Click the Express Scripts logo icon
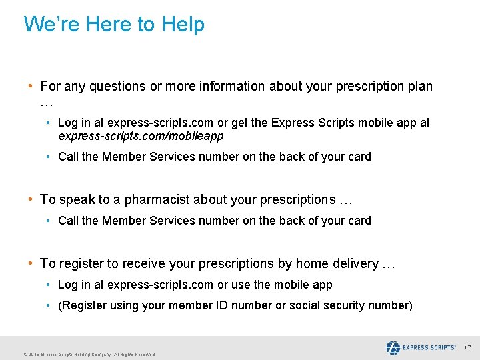(x=393, y=347)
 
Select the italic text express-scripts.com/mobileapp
(x=141, y=136)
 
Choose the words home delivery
(x=337, y=263)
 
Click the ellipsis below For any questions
(x=46, y=103)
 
